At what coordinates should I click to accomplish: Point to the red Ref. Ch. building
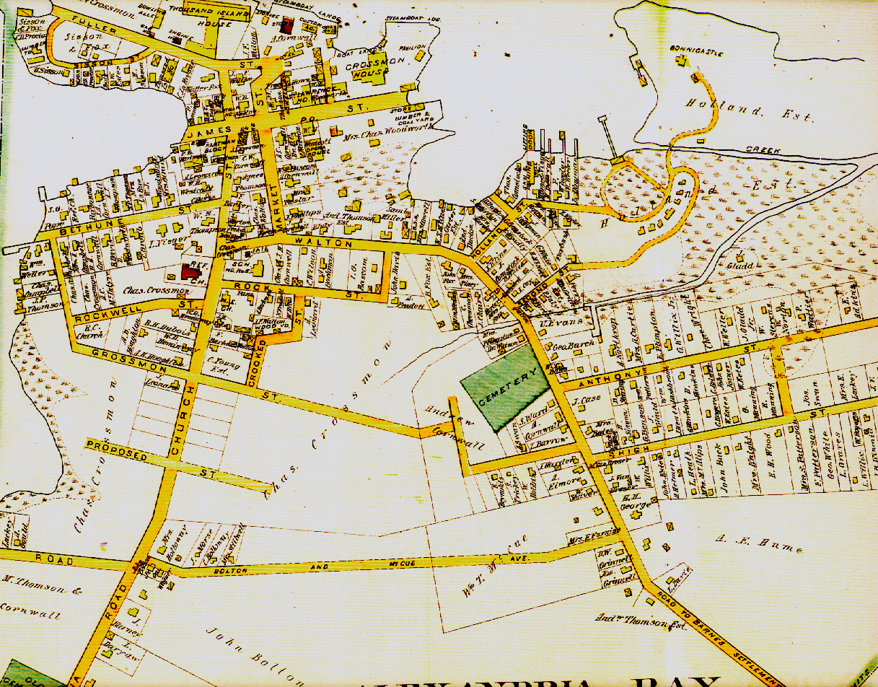tap(192, 271)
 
